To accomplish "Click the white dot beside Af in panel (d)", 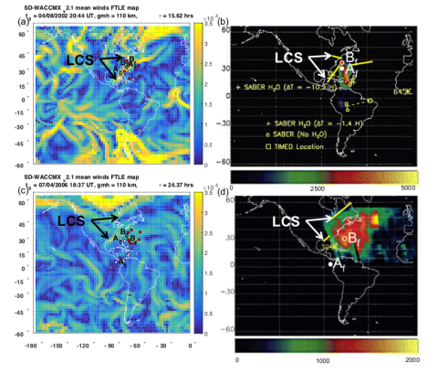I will (x=330, y=264).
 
